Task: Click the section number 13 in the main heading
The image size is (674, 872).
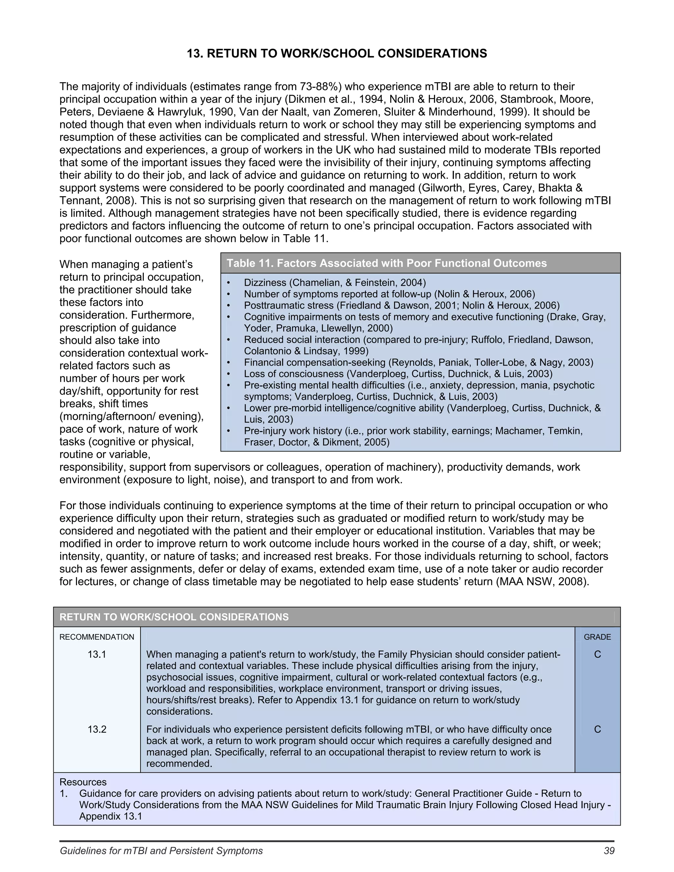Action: [195, 54]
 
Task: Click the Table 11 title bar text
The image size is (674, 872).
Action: [386, 263]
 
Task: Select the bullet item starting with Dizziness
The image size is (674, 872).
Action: [335, 283]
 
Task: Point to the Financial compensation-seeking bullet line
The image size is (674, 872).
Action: [419, 363]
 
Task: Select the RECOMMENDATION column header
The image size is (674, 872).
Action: [97, 637]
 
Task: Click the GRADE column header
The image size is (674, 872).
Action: [597, 637]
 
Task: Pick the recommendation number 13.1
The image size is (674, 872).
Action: [97, 654]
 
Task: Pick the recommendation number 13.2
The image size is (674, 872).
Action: [97, 730]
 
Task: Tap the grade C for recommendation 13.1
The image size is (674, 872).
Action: [597, 654]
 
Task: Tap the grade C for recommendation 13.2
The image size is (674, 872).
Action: [597, 730]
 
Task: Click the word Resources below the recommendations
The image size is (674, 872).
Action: [83, 782]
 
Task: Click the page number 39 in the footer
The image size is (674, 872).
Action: [609, 851]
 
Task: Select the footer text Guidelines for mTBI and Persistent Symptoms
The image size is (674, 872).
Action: [161, 851]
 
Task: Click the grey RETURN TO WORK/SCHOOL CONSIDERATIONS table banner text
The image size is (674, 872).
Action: [174, 617]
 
